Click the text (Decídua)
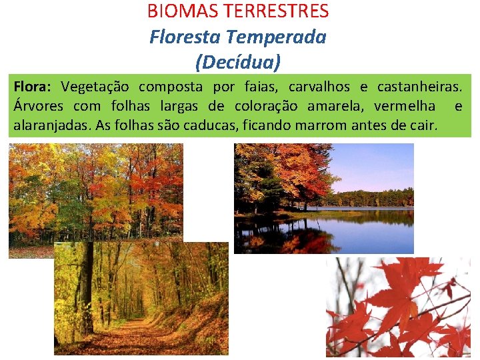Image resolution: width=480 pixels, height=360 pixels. point(238,62)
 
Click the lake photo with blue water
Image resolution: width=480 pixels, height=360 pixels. point(324,199)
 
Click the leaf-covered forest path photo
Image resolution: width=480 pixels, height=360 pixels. point(141,299)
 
